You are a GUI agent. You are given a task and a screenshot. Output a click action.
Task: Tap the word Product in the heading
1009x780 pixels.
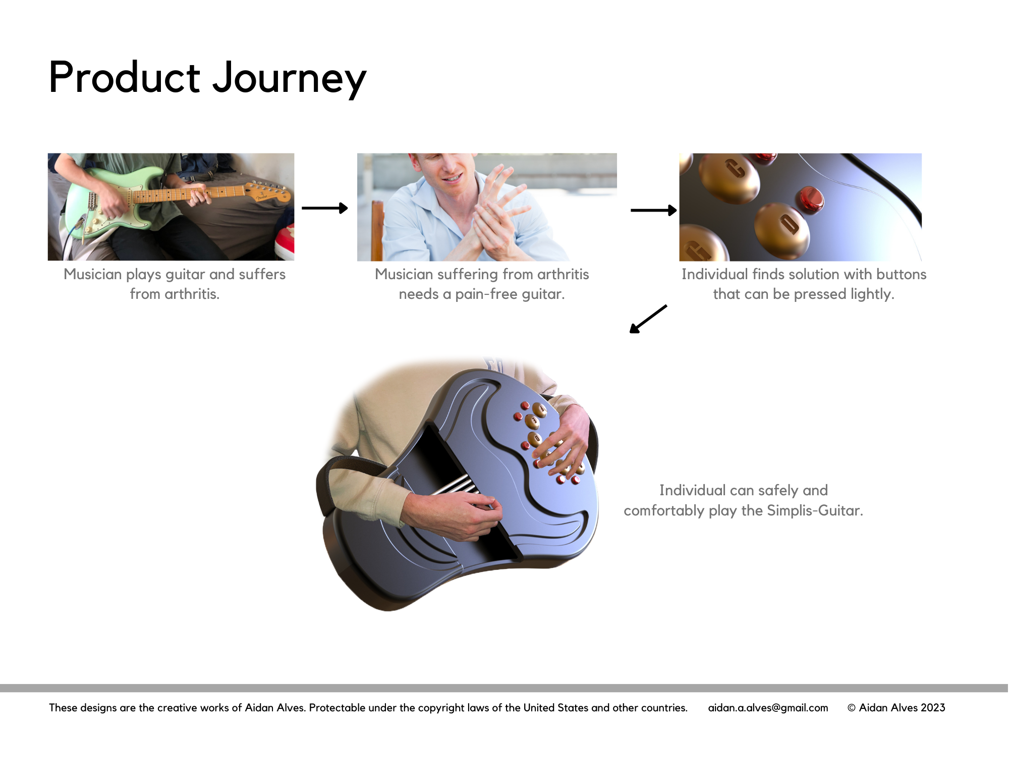pyautogui.click(x=125, y=77)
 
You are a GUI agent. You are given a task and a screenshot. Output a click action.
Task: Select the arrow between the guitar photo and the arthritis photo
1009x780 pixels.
pyautogui.click(x=325, y=208)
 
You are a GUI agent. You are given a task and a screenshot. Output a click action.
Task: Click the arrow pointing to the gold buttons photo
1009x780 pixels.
pyautogui.click(x=654, y=210)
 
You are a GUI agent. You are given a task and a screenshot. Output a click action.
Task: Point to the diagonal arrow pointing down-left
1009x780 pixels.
pyautogui.click(x=648, y=319)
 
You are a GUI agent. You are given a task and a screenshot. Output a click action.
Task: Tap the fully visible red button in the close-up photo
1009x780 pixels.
pyautogui.click(x=810, y=200)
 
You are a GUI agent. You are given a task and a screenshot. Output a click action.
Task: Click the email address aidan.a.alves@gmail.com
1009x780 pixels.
pyautogui.click(x=768, y=708)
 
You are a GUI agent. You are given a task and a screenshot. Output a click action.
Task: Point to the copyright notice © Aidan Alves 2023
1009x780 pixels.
pyautogui.click(x=896, y=708)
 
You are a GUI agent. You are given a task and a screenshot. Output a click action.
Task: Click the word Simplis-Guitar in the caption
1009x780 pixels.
pyautogui.click(x=815, y=510)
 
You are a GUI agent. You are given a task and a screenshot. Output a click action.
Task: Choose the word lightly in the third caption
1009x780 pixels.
pyautogui.click(x=872, y=294)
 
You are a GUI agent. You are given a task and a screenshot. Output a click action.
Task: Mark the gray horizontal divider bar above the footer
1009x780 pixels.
pyautogui.click(x=504, y=688)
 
